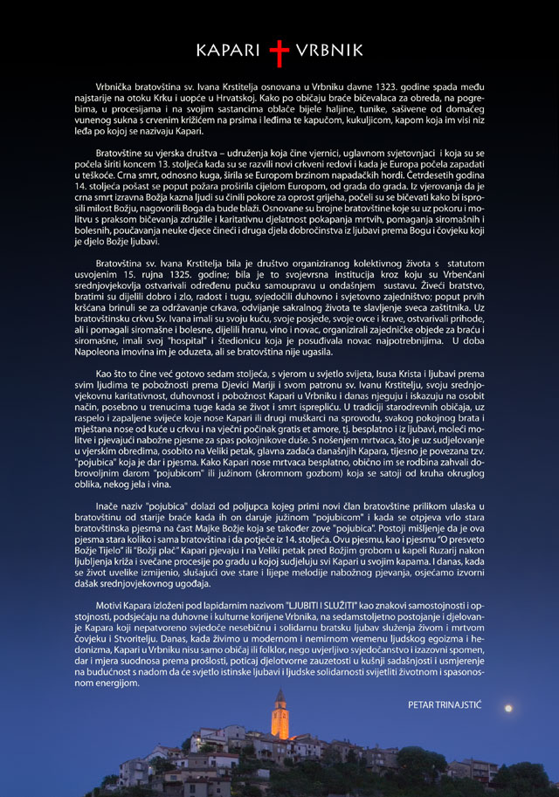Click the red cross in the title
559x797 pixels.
click(x=279, y=53)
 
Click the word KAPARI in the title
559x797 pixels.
click(x=229, y=52)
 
